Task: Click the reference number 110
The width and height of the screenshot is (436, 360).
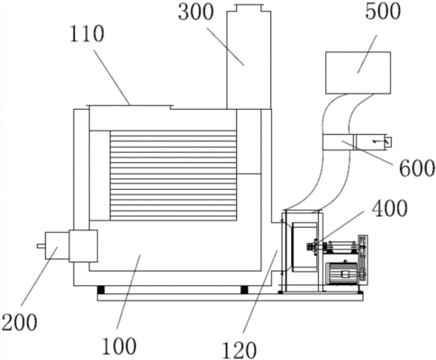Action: coord(87,33)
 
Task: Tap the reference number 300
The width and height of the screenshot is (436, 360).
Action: coord(196,13)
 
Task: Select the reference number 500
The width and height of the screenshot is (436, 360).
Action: coord(383,12)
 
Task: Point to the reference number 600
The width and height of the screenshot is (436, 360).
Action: coord(417,168)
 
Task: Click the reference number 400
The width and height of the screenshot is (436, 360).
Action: coord(390,208)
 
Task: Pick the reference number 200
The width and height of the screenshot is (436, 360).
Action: coord(20,322)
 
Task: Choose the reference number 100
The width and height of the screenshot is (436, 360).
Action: coord(119,346)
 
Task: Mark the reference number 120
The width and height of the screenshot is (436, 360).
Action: coord(240,350)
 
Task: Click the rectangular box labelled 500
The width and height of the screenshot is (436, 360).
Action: coord(358,73)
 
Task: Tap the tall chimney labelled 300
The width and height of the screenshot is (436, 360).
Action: coord(249,57)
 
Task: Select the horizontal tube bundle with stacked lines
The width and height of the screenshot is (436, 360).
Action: coord(173,175)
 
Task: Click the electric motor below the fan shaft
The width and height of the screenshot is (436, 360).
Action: coord(342,273)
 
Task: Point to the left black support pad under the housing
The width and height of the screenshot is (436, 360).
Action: coord(100,290)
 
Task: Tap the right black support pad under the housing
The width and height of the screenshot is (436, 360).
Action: coord(244,290)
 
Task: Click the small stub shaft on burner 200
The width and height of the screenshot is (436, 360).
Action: coord(41,246)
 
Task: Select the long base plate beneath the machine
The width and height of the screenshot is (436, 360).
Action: coord(230,297)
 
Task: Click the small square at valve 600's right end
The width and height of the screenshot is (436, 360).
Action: coord(387,141)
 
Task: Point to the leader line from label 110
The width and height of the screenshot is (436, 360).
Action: coord(112,77)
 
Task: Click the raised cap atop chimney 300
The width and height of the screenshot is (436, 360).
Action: coord(250,7)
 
